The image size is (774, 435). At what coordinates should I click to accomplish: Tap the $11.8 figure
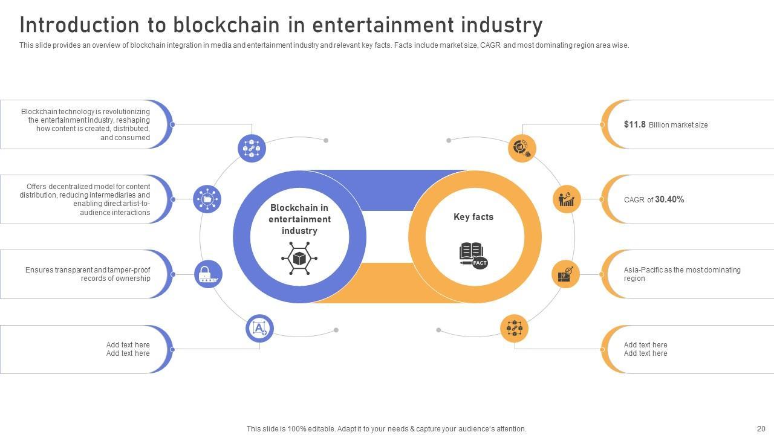(635, 124)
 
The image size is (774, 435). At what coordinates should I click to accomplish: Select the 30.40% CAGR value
(669, 199)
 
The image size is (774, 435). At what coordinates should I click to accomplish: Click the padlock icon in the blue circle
(208, 274)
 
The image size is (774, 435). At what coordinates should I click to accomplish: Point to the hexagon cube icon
(299, 259)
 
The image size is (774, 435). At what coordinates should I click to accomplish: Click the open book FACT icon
(473, 255)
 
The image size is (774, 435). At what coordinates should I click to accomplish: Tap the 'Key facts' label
(473, 217)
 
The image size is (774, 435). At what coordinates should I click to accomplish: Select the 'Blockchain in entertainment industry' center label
(299, 219)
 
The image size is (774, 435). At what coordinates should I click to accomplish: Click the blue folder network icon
(207, 199)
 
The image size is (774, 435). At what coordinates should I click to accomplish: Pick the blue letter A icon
(259, 328)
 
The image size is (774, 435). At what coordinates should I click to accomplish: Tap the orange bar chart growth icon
(567, 199)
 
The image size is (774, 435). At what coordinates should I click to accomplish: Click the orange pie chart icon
(522, 148)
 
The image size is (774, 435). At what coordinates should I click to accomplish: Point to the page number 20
(761, 429)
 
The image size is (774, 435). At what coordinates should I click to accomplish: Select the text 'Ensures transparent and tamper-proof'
(88, 270)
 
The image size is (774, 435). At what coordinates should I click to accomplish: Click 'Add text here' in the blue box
(128, 345)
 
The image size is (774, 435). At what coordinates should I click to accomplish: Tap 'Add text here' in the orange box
(645, 345)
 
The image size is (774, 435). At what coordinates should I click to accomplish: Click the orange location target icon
(566, 274)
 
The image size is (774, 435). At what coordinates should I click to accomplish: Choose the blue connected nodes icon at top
(252, 148)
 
